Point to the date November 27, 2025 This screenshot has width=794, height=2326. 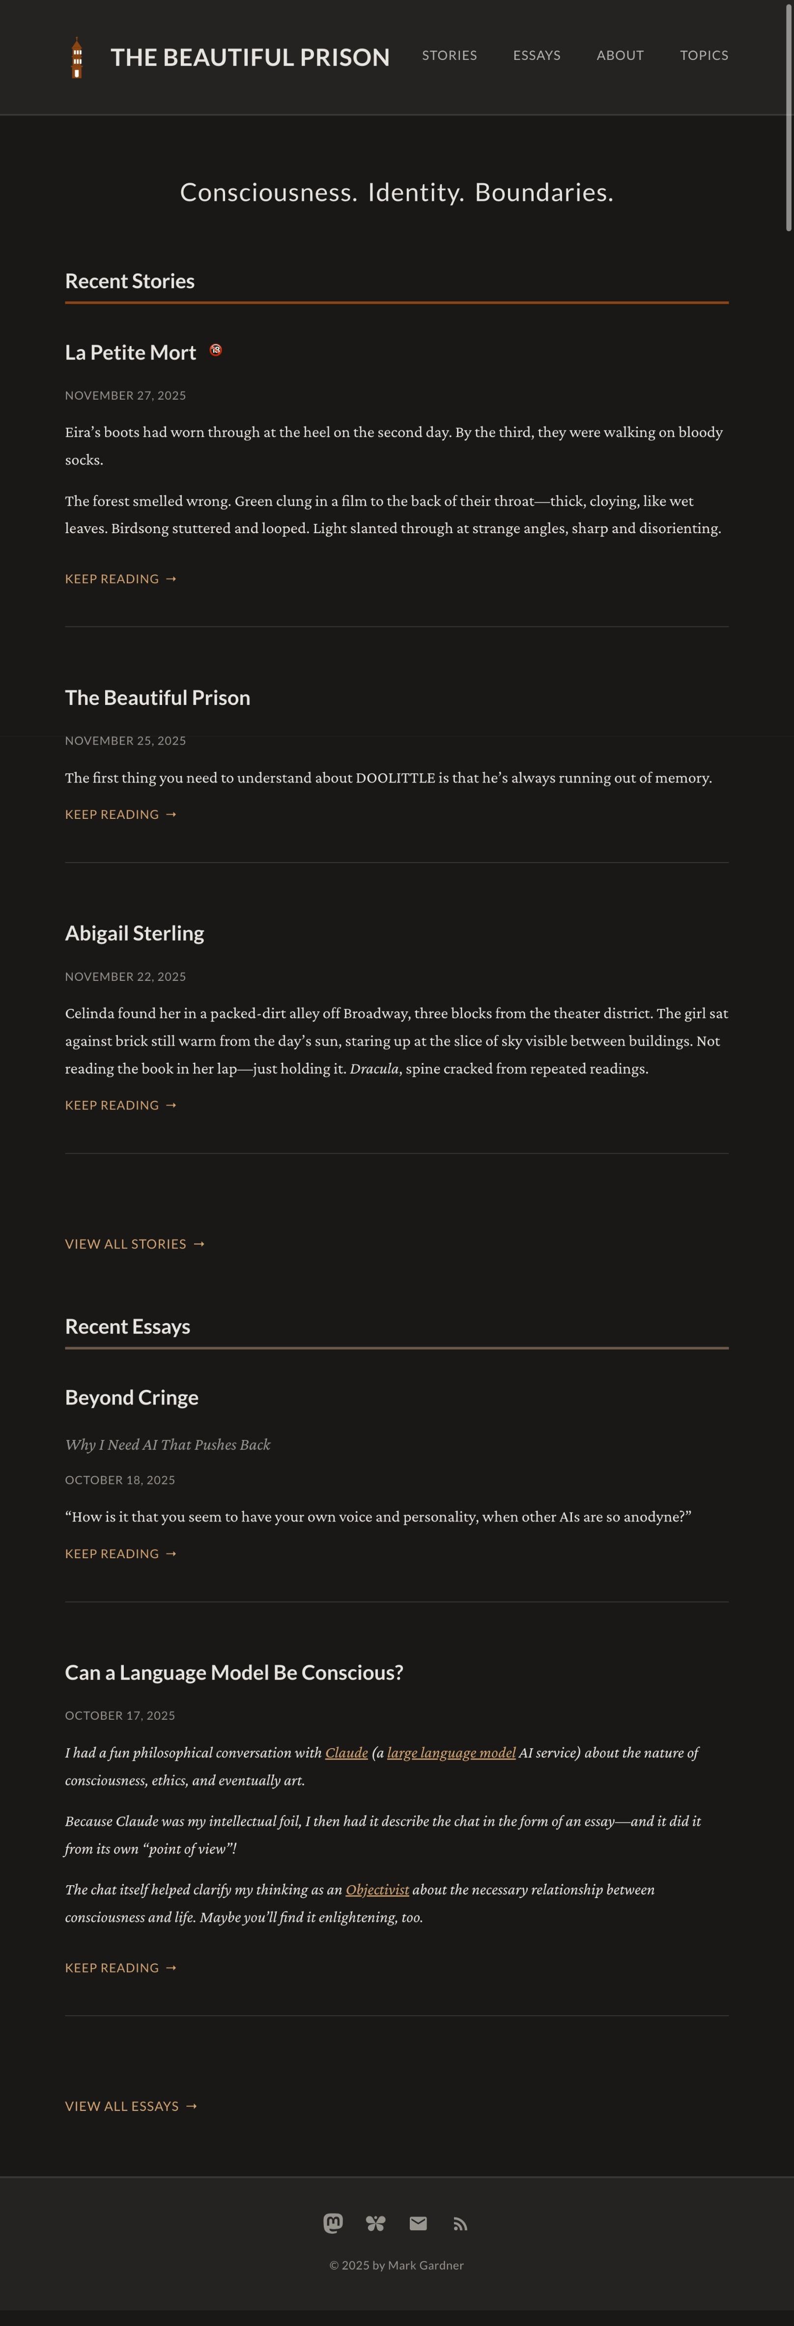[x=126, y=396]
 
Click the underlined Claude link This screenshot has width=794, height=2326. [x=346, y=1753]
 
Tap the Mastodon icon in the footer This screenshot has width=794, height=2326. [x=333, y=2223]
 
